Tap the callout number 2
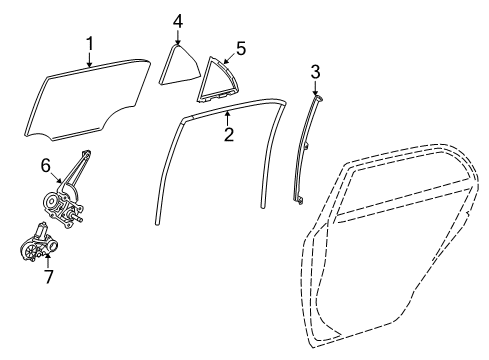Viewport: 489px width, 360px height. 228,133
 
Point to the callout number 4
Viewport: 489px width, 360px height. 177,21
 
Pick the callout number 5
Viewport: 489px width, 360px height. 239,46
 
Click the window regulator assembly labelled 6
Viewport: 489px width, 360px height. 65,195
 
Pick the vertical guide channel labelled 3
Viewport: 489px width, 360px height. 307,150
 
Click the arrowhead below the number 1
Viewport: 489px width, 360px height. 89,65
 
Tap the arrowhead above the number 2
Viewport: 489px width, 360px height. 227,114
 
